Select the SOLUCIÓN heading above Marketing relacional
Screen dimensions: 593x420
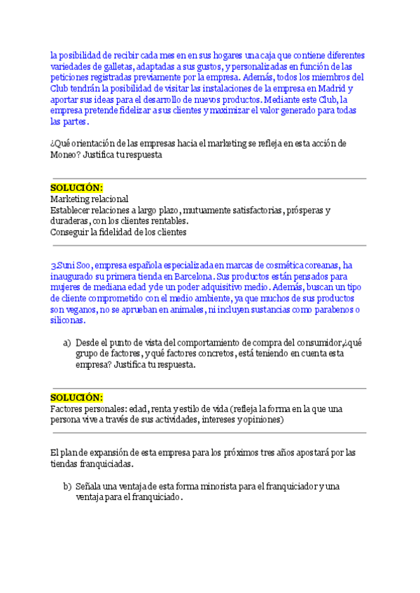tap(76, 188)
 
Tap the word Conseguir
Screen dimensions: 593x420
tap(72, 232)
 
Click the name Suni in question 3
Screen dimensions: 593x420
tap(65, 265)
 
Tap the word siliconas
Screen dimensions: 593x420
tap(68, 320)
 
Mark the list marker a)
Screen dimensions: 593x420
tap(67, 343)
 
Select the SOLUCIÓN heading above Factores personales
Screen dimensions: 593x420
tap(76, 397)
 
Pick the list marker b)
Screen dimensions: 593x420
tap(67, 486)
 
